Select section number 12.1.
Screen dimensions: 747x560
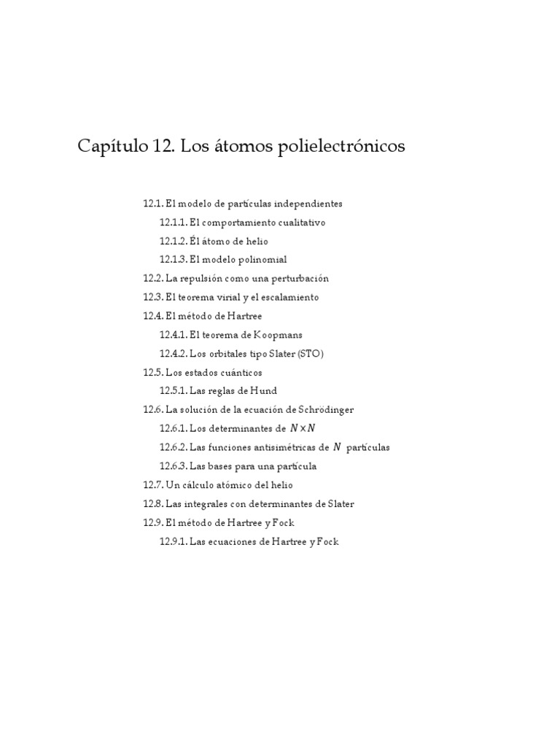153,204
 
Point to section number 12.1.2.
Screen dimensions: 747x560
174,241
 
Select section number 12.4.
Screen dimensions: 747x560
153,316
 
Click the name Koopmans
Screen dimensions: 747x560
278,335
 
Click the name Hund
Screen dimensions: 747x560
263,391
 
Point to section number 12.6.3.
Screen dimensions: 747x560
174,466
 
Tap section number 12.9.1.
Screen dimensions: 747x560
174,542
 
